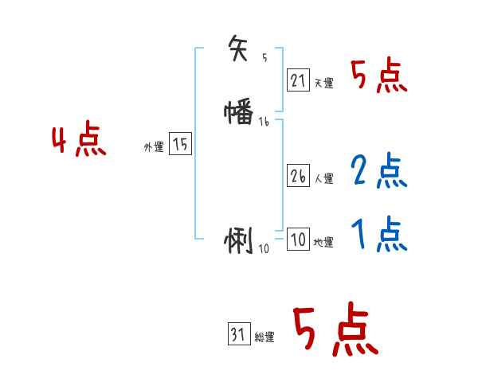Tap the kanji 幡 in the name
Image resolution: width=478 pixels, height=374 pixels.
click(x=239, y=113)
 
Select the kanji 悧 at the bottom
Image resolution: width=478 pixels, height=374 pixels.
click(x=239, y=240)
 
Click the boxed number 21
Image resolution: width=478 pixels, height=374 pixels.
click(x=298, y=80)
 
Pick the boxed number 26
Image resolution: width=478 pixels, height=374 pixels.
click(x=298, y=177)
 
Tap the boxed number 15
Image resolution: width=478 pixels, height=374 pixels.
click(x=181, y=145)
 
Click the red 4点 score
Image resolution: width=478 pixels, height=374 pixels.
click(x=79, y=142)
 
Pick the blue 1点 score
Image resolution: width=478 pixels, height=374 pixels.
click(x=378, y=236)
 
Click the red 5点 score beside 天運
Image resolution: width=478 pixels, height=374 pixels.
click(x=378, y=77)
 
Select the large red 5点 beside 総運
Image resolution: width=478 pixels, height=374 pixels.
click(x=334, y=330)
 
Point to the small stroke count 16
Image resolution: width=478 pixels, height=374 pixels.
click(x=264, y=122)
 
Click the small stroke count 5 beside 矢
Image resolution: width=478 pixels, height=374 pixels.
click(x=264, y=58)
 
